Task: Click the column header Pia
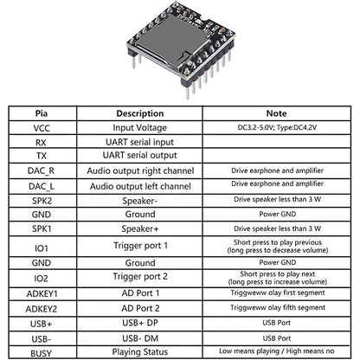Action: click(x=42, y=112)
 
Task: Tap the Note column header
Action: click(x=277, y=112)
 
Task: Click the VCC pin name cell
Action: click(x=42, y=127)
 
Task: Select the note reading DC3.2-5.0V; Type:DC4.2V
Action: click(x=277, y=127)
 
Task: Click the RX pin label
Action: click(x=42, y=142)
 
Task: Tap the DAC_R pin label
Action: click(x=42, y=171)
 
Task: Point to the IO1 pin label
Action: click(x=42, y=247)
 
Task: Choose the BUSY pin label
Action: click(x=42, y=352)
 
